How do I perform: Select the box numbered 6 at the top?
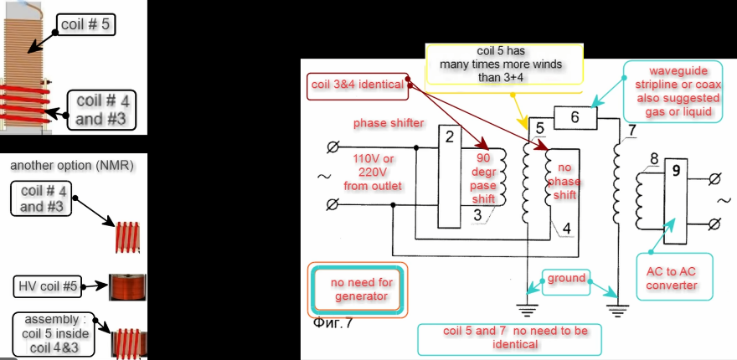[x=574, y=118]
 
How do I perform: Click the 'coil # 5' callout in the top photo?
[x=85, y=24]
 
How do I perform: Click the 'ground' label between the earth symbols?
[x=566, y=279]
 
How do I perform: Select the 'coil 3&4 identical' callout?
[x=358, y=85]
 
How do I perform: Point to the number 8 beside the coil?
[x=653, y=158]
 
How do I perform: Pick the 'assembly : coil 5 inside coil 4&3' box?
[x=54, y=332]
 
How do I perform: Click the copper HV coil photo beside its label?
[x=127, y=287]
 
